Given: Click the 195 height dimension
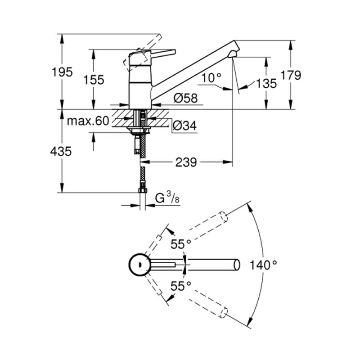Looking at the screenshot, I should point(62,72).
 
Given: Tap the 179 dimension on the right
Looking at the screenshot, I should point(292,75).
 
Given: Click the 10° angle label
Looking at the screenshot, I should point(211,78).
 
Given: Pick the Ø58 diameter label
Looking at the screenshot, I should point(185,98).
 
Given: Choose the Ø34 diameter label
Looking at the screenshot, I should point(184,126).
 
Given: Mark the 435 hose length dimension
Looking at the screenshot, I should point(61,152).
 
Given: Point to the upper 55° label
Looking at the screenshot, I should point(181,244).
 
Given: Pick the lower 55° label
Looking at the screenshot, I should point(181,285).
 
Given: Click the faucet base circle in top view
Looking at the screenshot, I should point(139,265).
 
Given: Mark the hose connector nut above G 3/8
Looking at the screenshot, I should point(143,191).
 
